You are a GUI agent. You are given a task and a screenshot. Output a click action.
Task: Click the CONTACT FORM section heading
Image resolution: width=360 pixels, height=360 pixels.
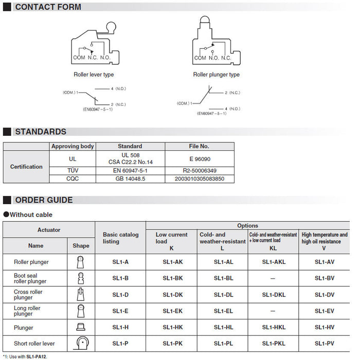48,7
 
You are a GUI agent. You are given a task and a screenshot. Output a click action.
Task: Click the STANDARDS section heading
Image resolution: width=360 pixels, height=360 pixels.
41,132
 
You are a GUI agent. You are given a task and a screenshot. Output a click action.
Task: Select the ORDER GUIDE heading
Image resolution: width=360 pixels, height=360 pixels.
44,200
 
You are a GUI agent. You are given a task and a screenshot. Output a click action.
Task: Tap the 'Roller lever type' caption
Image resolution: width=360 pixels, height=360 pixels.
94,75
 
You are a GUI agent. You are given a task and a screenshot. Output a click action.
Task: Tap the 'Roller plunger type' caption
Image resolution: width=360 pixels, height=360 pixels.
216,75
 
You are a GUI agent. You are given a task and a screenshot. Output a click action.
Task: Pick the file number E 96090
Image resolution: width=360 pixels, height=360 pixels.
199,159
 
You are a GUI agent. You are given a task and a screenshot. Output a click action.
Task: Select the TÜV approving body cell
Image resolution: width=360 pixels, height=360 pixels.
73,171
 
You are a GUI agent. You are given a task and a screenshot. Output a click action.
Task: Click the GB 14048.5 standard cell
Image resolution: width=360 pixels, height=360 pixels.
130,179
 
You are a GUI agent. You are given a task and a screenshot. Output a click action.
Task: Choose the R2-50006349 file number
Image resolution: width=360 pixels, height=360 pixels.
199,171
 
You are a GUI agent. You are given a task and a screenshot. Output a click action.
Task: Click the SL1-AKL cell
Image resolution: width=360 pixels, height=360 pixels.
274,262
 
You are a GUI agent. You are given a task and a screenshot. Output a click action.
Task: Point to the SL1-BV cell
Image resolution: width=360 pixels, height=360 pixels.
325,278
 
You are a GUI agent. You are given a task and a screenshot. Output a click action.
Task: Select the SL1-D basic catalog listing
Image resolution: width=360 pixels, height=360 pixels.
120,295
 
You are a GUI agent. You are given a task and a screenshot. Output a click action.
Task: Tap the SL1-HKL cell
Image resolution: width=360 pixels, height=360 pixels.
274,328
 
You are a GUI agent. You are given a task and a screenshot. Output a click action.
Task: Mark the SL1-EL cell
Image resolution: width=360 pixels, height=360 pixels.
223,311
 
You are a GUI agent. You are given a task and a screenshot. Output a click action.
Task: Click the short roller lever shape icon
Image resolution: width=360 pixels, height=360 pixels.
81,344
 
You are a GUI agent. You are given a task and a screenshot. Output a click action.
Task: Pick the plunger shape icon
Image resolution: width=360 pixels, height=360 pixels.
81,327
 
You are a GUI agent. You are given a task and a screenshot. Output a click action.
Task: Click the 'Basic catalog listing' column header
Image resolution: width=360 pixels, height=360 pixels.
121,238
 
